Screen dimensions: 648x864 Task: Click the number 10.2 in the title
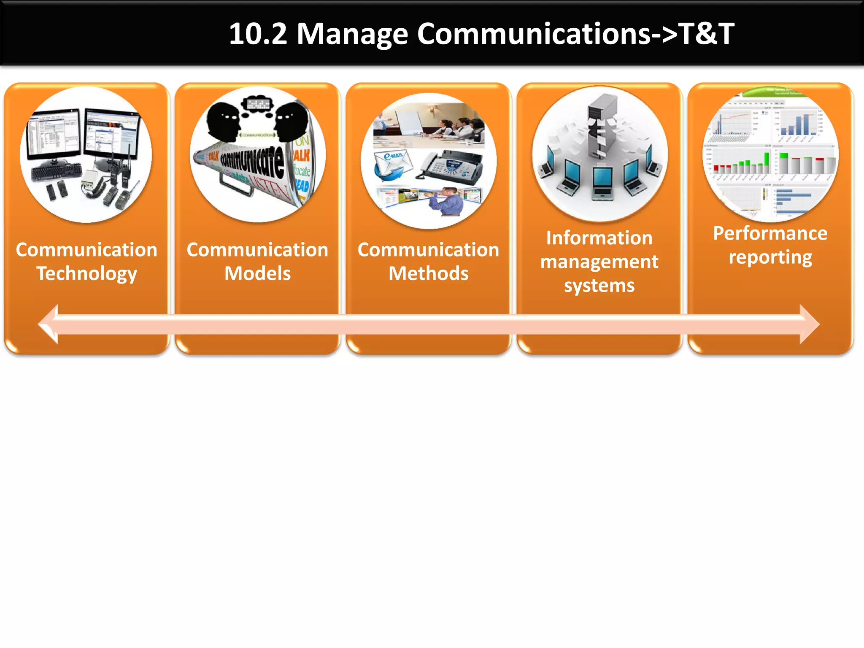pos(258,34)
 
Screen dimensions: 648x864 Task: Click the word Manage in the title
pos(352,34)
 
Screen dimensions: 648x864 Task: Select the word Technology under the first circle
pos(86,274)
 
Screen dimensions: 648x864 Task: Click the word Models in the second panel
pos(257,274)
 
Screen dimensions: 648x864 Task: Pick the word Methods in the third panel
pos(428,274)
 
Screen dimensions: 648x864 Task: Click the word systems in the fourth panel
pos(599,286)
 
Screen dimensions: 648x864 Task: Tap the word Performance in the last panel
pos(770,233)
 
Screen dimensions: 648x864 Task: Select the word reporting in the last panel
pos(770,257)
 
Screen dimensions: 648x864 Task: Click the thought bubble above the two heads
pos(257,103)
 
